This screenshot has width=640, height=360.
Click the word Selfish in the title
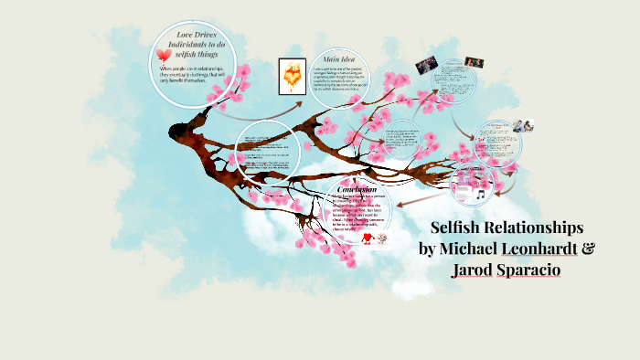(454, 227)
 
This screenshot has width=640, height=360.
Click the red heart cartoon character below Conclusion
(367, 239)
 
